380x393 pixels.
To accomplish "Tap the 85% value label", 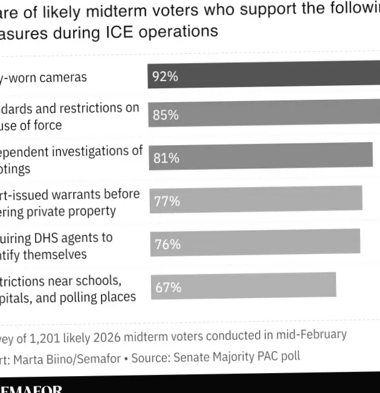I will pyautogui.click(x=166, y=115).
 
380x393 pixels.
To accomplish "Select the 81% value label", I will pyautogui.click(x=166, y=158).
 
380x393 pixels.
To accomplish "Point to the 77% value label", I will pyautogui.click(x=167, y=201).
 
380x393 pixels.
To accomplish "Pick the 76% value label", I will pyautogui.click(x=168, y=244).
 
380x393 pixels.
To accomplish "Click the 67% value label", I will pyautogui.click(x=169, y=287).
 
